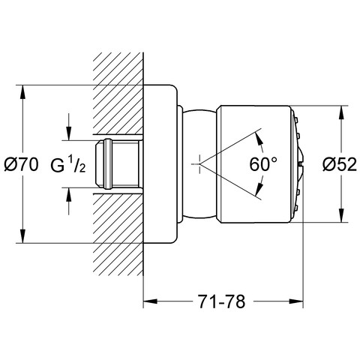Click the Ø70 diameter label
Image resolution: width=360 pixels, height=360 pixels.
click(x=22, y=164)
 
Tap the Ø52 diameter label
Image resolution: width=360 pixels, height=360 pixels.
click(x=340, y=164)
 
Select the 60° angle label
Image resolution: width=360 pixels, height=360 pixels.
click(x=263, y=164)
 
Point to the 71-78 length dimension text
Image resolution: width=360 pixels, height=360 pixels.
click(x=222, y=301)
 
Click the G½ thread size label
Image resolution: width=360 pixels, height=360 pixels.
click(x=68, y=164)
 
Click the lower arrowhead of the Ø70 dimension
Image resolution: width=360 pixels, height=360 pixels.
click(x=22, y=235)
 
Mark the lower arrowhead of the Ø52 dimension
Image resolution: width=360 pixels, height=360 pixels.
click(x=341, y=214)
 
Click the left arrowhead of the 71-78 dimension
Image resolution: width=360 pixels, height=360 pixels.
click(x=151, y=301)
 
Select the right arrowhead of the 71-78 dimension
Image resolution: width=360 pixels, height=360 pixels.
click(x=296, y=301)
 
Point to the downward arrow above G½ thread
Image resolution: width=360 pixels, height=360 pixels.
click(x=68, y=127)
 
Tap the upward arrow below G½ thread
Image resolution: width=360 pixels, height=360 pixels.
click(x=68, y=201)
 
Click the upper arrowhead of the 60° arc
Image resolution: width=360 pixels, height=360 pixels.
click(x=259, y=139)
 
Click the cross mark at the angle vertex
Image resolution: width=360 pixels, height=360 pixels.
click(x=199, y=164)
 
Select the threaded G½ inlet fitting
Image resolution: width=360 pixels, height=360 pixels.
click(x=117, y=163)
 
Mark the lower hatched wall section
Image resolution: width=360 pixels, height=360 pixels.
click(x=118, y=235)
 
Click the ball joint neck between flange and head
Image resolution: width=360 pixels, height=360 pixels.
click(x=199, y=163)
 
